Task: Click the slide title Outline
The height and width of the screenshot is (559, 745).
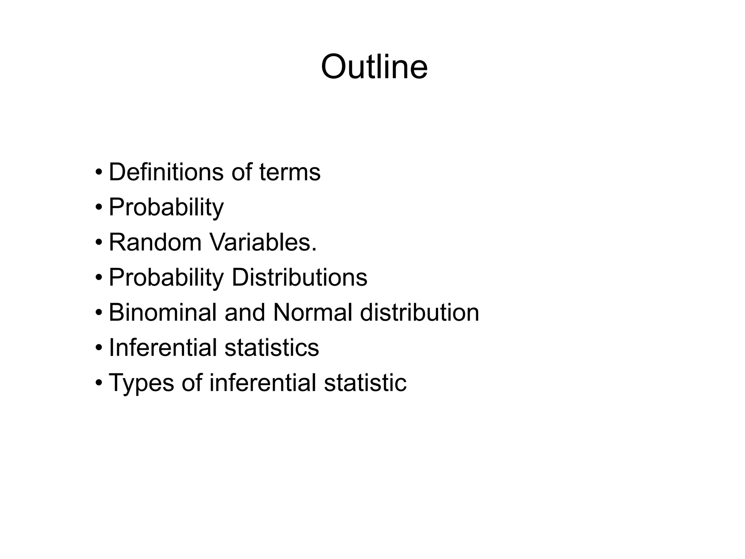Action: [374, 67]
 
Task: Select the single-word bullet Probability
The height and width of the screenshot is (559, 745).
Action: [166, 207]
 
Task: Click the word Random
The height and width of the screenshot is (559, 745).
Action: [155, 242]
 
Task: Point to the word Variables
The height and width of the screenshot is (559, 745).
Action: [263, 242]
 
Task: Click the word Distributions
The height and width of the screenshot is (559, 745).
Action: [299, 278]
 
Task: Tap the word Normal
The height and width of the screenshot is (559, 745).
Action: [312, 313]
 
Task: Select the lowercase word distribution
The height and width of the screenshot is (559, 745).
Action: [419, 313]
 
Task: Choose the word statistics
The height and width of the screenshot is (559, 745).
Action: [272, 348]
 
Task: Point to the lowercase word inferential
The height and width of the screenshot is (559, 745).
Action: [263, 382]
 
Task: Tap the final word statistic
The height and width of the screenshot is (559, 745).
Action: [365, 382]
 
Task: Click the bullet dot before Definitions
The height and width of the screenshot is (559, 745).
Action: [99, 172]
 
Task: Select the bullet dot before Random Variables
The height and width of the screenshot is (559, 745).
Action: [99, 242]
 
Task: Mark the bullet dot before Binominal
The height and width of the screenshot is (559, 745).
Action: [99, 313]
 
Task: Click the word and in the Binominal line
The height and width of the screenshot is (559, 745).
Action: [245, 313]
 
